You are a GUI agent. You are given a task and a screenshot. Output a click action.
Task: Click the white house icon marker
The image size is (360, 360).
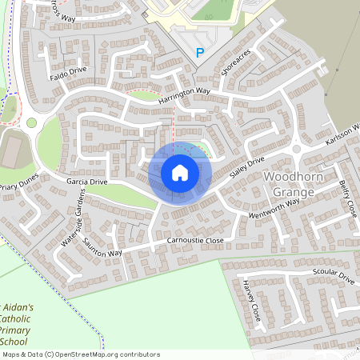pyautogui.click(x=180, y=173)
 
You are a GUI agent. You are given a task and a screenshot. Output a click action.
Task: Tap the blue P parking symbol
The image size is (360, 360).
pyautogui.click(x=199, y=53)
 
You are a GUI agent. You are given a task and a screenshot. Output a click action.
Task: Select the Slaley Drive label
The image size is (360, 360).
pyautogui.click(x=246, y=168)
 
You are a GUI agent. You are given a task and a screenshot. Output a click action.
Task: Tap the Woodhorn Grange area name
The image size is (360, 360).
pyautogui.click(x=297, y=185)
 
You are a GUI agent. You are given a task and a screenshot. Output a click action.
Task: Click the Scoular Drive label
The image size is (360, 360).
pyautogui.click(x=334, y=278)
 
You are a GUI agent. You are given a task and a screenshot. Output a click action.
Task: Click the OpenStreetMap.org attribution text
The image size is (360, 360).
pyautogui.click(x=96, y=354)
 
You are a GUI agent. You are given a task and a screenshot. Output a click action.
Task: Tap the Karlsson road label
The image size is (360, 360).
pyautogui.click(x=344, y=134)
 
